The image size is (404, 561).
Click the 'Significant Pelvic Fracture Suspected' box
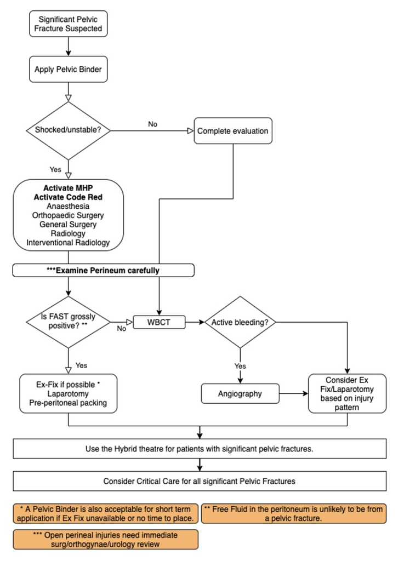click(x=69, y=24)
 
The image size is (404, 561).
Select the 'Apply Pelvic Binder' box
click(x=69, y=69)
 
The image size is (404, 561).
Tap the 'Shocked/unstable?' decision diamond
click(x=68, y=130)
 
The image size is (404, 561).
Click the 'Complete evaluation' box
click(x=233, y=131)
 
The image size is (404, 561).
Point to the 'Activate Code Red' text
click(x=68, y=197)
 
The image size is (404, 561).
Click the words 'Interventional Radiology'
click(x=68, y=243)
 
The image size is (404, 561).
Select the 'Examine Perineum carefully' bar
click(x=104, y=271)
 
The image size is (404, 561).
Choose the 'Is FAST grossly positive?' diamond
click(x=68, y=322)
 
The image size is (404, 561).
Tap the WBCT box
click(x=159, y=322)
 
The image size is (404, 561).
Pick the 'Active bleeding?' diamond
click(x=240, y=322)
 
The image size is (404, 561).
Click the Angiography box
click(x=240, y=393)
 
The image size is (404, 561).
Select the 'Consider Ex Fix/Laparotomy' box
click(x=347, y=393)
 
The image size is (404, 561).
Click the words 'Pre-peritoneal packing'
click(x=68, y=403)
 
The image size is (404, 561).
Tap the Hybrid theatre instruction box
click(x=200, y=449)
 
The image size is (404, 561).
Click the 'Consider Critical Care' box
click(x=200, y=481)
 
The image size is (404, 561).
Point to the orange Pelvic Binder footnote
click(x=106, y=514)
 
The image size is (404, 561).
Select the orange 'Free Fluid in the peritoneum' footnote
click(x=294, y=514)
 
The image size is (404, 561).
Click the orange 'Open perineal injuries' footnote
click(x=106, y=540)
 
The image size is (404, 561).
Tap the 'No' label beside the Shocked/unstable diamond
click(x=153, y=124)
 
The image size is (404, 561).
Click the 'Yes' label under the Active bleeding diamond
click(x=240, y=366)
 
